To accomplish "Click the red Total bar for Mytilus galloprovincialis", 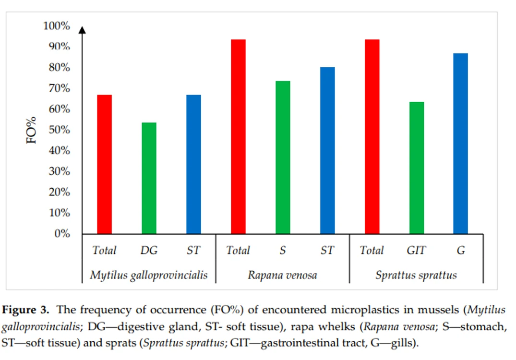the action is [104, 164].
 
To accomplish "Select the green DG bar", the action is [149, 178].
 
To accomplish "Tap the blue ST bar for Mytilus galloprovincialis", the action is [193, 164].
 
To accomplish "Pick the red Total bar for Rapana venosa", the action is [238, 137].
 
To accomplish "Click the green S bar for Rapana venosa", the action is [283, 157].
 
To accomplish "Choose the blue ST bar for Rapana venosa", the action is [327, 150].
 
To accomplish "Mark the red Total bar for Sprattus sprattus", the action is [372, 137].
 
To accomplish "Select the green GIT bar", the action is [417, 168].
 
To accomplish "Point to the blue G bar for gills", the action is [461, 144].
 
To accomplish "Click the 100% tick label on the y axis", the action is [57, 25].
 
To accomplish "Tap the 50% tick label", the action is [59, 130].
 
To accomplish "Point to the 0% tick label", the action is [62, 234].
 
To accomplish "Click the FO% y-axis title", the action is [31, 130].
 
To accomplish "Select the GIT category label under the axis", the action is [416, 251].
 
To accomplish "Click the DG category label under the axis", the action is [149, 251].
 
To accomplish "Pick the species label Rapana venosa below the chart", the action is [282, 275].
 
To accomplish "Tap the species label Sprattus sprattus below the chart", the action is [416, 275].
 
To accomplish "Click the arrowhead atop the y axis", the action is [82, 30].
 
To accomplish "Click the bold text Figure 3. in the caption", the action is [25, 310].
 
